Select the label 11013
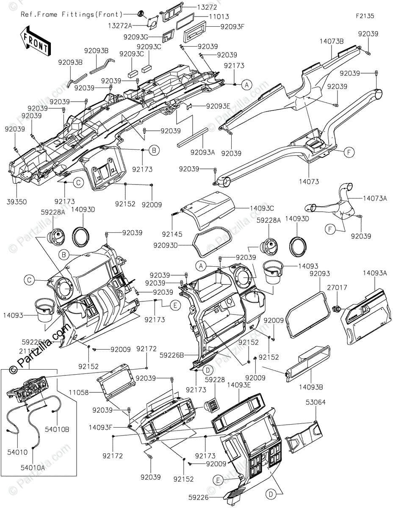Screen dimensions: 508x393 pyautogui.click(x=219, y=17)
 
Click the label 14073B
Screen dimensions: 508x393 pyautogui.click(x=332, y=41)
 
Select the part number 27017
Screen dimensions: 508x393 pyautogui.click(x=338, y=287)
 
